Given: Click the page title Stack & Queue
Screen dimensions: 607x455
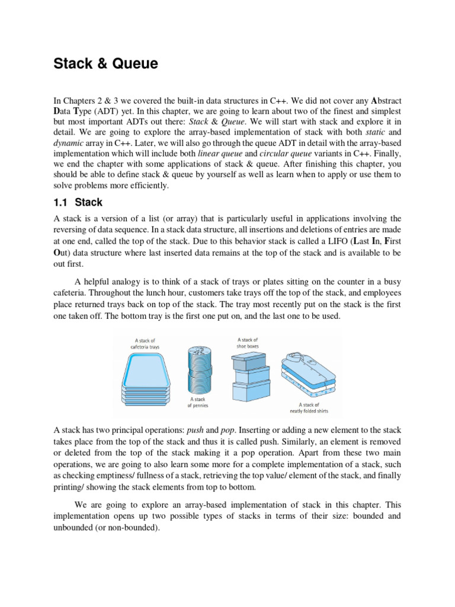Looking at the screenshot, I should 106,63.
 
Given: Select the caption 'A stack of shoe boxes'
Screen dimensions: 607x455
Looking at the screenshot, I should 248,343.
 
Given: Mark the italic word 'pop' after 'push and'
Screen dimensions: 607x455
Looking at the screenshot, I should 228,430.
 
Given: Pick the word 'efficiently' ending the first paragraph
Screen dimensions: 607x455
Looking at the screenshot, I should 148,185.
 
